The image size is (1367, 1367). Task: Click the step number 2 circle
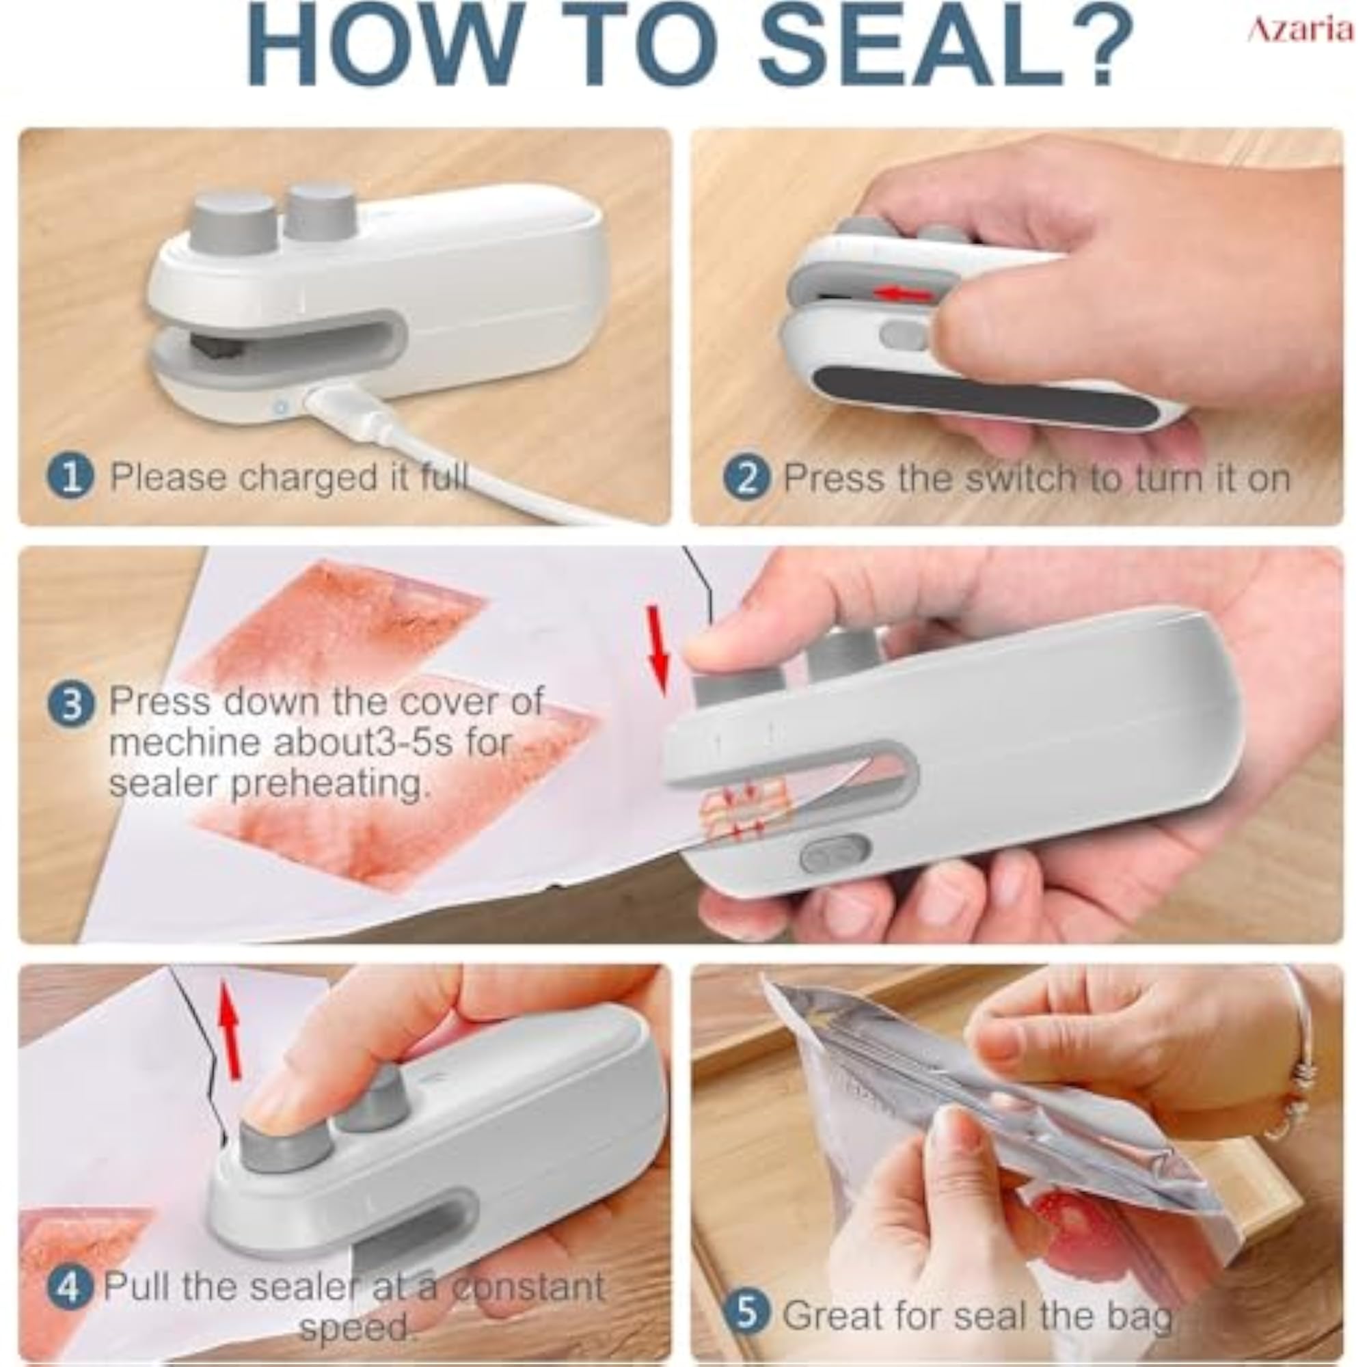tap(747, 479)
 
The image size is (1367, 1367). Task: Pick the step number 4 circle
tap(69, 1287)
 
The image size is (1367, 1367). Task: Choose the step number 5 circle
tap(747, 1294)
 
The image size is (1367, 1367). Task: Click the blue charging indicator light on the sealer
tap(281, 407)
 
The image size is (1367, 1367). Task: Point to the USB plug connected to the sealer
tap(340, 407)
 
